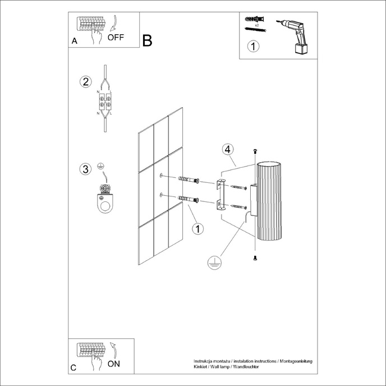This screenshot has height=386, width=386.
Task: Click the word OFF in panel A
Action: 116,38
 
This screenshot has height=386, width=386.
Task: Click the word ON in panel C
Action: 113,364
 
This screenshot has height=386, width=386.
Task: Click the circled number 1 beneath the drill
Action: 254,47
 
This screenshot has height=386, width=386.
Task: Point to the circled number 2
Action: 85,82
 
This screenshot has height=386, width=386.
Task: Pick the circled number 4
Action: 227,149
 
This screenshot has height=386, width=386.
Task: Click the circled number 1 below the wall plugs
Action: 197,228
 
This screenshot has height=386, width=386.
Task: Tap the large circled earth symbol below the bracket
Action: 213,262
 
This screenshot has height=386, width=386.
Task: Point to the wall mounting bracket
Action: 220,194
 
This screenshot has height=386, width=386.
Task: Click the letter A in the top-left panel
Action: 74,42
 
